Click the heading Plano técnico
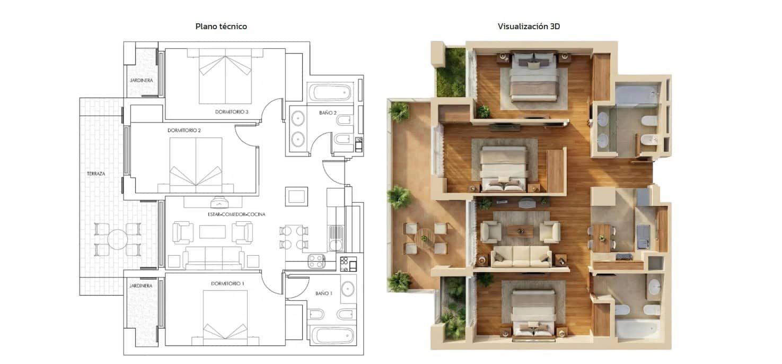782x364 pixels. click(221, 26)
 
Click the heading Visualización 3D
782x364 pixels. click(529, 26)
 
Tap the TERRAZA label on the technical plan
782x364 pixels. click(96, 174)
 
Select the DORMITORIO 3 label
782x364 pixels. click(232, 112)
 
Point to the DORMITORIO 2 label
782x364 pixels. click(184, 130)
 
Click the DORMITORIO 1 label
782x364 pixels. click(227, 283)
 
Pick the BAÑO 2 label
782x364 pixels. click(328, 112)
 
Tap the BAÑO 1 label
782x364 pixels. click(323, 293)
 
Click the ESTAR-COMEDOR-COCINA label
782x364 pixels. click(236, 214)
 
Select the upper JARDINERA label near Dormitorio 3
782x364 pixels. click(141, 81)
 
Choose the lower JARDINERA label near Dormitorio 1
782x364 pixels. click(141, 285)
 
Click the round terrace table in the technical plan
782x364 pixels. click(118, 240)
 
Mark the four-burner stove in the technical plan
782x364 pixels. click(317, 261)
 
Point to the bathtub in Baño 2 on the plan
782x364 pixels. click(332, 93)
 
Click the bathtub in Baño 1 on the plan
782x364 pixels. click(332, 335)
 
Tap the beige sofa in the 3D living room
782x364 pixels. click(520, 256)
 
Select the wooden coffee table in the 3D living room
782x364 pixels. click(520, 231)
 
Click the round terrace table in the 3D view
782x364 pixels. click(425, 238)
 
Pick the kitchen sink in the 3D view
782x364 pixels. click(643, 237)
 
